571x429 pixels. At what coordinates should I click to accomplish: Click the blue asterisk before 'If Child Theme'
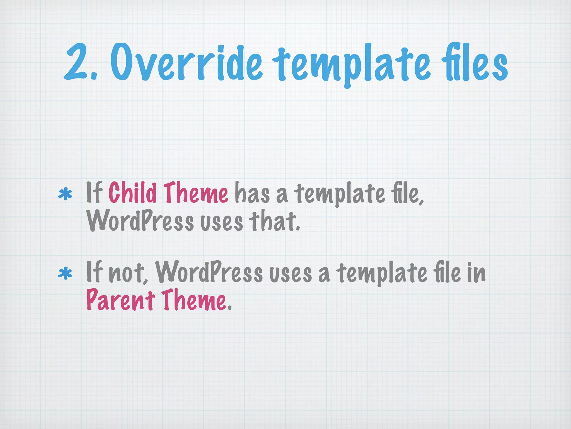coord(65,195)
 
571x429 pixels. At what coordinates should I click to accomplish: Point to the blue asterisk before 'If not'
coord(65,274)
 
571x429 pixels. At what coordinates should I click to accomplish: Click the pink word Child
coord(132,192)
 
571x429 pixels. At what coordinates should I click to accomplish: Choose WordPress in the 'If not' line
coord(209,273)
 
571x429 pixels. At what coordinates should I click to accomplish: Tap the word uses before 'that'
coord(222,222)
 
